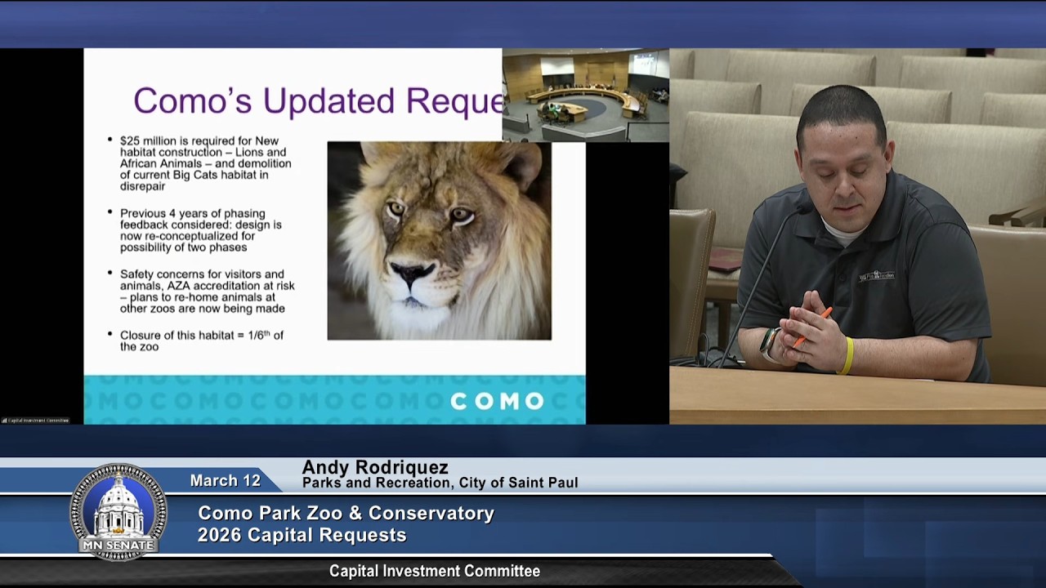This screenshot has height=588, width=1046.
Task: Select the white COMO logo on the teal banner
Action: tap(497, 401)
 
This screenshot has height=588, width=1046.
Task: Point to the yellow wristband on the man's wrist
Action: tap(847, 356)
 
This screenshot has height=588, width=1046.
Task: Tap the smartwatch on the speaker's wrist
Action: tap(770, 343)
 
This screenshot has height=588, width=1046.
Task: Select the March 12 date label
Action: tap(225, 481)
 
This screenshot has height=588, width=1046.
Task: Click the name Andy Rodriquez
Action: tap(375, 468)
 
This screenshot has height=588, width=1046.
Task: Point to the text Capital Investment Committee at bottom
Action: tap(434, 572)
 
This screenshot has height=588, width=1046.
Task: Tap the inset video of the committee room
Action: tap(585, 95)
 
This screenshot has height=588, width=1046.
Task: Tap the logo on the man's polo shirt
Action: tap(876, 275)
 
